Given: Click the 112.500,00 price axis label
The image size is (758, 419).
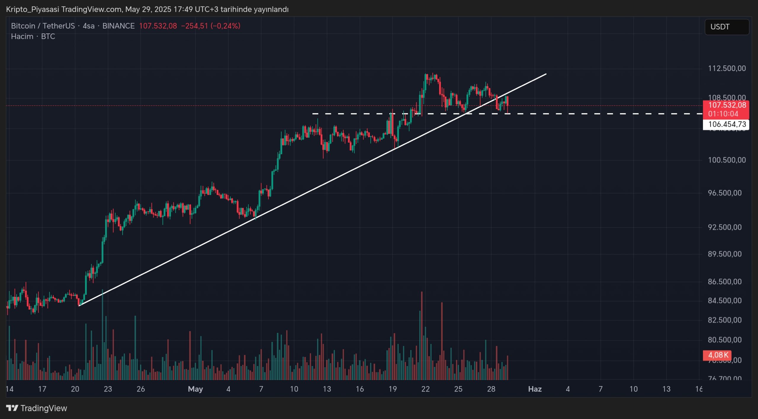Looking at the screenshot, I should (x=727, y=68).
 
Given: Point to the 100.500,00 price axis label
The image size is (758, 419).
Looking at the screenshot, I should (x=727, y=160).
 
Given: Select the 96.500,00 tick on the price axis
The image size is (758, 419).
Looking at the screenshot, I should (x=727, y=193).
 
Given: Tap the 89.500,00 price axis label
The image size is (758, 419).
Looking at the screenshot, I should (x=727, y=254).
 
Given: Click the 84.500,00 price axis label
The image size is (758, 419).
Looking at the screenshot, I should (x=727, y=300).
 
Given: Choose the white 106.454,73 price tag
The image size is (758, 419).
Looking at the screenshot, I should (x=727, y=124).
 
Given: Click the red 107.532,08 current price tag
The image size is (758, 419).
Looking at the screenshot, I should (x=727, y=105).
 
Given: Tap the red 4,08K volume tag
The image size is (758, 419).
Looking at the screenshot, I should (x=718, y=355).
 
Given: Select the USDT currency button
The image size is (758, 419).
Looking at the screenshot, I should (x=727, y=27).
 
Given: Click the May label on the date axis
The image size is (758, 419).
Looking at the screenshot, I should (x=195, y=389).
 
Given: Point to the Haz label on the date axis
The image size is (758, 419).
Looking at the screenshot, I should (x=535, y=389).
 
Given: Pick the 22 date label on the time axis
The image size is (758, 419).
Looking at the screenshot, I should (x=425, y=389).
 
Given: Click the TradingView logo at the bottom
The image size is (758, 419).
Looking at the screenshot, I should (x=37, y=408).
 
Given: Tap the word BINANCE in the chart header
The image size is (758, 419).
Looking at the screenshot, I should (x=118, y=26).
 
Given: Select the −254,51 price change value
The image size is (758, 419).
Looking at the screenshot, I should (x=195, y=26).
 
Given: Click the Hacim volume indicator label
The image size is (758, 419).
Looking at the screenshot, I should (x=22, y=36).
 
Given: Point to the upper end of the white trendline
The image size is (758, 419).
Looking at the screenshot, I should (x=546, y=74).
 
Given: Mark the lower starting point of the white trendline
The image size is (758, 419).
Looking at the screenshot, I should (x=79, y=305).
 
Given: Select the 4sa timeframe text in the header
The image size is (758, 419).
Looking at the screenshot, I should (x=89, y=26).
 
